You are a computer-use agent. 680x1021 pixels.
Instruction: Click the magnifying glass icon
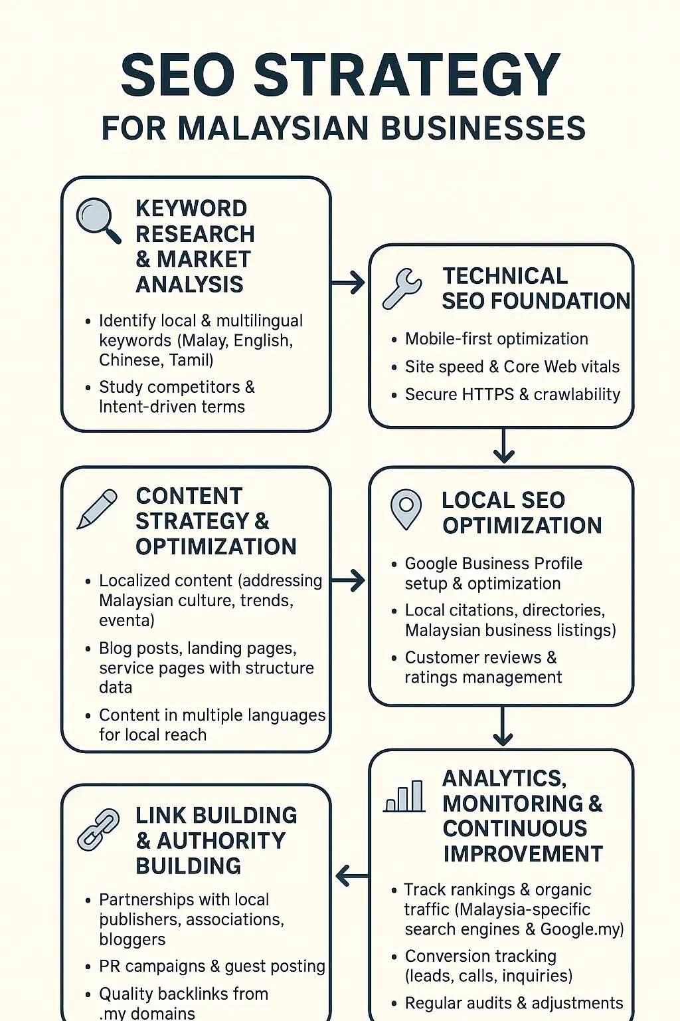pyautogui.click(x=98, y=220)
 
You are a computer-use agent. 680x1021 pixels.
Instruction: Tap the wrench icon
pyautogui.click(x=402, y=288)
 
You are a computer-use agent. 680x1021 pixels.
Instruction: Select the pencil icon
pyautogui.click(x=97, y=509)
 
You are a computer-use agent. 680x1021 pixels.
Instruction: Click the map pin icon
pyautogui.click(x=406, y=509)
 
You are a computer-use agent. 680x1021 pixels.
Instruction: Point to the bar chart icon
pyautogui.click(x=404, y=796)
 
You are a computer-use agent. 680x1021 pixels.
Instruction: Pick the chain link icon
pyautogui.click(x=98, y=830)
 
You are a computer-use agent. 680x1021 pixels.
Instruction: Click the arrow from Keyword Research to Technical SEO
pyautogui.click(x=349, y=283)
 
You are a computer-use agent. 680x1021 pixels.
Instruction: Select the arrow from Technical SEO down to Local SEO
pyautogui.click(x=504, y=446)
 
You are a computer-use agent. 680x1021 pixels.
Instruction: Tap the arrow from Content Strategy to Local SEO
pyautogui.click(x=349, y=580)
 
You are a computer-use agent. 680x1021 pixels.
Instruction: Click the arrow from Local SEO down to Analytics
pyautogui.click(x=503, y=727)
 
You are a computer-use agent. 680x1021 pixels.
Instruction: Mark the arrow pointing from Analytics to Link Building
pyautogui.click(x=351, y=876)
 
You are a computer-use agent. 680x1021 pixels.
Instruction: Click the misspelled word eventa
pyautogui.click(x=127, y=621)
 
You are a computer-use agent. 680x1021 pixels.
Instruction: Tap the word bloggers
pyautogui.click(x=132, y=940)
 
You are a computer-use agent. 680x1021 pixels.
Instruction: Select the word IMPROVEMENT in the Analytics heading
pyautogui.click(x=523, y=854)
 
